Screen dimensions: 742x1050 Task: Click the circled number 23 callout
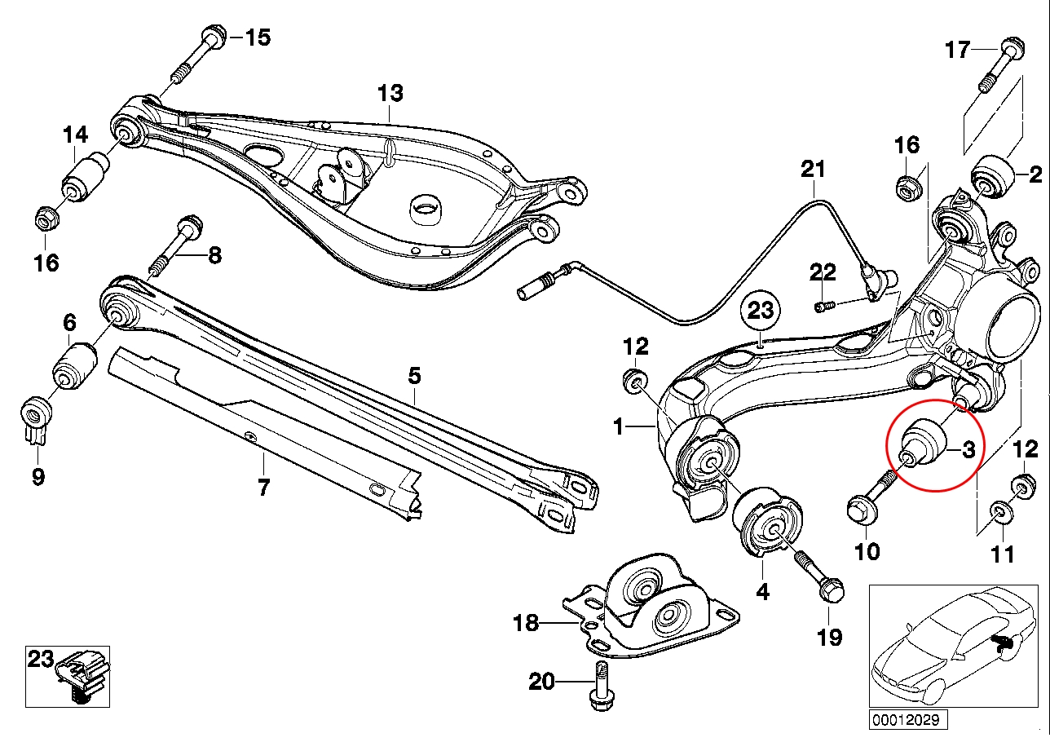click(x=760, y=311)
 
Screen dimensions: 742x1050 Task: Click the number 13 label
click(x=390, y=93)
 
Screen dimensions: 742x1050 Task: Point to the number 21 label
click(x=812, y=170)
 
